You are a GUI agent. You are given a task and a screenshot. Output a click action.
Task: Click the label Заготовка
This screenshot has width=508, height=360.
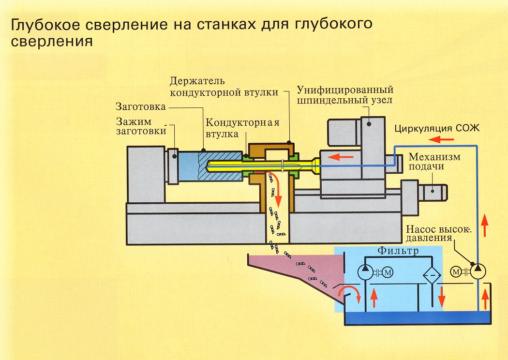click(141, 106)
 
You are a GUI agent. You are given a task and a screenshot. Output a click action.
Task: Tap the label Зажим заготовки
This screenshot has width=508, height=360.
click(141, 126)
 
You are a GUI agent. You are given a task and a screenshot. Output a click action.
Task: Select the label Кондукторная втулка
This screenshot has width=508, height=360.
click(242, 128)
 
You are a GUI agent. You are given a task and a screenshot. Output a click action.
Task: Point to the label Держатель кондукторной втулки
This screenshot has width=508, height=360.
click(224, 87)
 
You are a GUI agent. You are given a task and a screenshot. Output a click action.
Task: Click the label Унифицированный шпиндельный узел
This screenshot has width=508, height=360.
click(345, 95)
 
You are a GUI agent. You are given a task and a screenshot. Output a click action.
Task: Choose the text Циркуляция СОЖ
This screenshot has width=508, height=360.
click(437, 128)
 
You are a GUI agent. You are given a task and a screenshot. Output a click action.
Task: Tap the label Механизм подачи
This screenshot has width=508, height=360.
click(434, 161)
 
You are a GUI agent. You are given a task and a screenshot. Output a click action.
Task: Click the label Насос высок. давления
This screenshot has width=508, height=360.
click(439, 233)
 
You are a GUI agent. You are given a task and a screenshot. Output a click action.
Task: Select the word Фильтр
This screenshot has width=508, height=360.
click(398, 251)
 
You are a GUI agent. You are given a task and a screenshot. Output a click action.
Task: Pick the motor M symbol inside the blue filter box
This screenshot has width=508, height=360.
click(388, 272)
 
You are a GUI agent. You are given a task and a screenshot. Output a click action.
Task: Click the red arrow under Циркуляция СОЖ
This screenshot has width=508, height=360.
click(441, 140)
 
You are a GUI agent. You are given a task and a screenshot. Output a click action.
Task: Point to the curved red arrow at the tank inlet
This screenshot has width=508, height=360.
click(349, 293)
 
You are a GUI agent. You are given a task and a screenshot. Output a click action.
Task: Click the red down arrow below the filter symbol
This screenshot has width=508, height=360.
click(441, 296)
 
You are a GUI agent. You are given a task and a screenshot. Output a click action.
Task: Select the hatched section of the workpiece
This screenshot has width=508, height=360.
click(220, 166)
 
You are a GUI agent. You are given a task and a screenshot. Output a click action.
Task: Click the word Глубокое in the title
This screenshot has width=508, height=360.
click(45, 25)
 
